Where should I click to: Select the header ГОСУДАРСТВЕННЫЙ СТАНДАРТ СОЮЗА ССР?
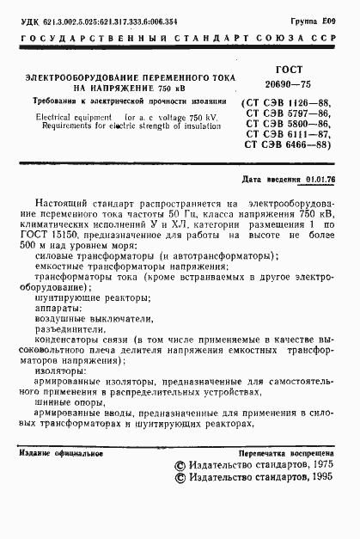pyautogui.click(x=180, y=39)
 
